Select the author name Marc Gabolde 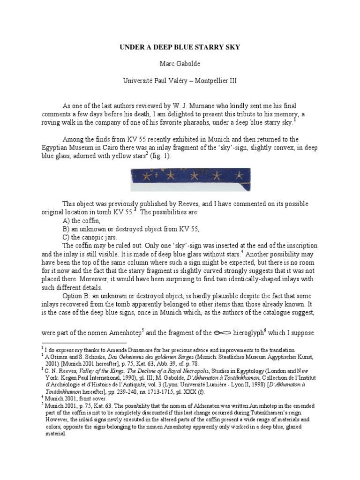point(180,64)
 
